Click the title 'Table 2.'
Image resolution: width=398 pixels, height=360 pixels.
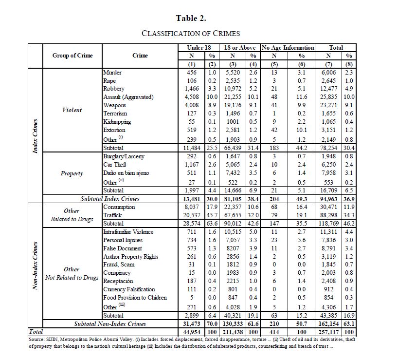coord(191,18)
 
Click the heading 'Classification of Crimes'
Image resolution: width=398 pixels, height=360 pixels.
coord(191,34)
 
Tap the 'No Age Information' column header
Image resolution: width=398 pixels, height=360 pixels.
coord(288,48)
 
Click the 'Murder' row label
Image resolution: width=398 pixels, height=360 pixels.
coord(112,73)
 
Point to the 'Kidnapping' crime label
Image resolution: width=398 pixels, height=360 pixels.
coord(117,122)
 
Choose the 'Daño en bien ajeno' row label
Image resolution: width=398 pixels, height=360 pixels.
coord(126,173)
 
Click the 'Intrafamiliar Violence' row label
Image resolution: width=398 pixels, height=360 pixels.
coord(128,232)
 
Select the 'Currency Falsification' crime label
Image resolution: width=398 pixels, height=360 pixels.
coord(129,289)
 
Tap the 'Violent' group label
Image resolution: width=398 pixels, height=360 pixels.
coord(72,110)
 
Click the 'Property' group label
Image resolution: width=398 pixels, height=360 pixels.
coord(72,173)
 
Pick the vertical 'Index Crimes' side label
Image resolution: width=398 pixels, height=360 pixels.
coord(36,135)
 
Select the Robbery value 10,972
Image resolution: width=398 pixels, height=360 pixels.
coord(235,89)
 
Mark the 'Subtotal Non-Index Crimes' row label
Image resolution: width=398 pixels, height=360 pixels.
coord(110,323)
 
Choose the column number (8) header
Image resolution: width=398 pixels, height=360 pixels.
coord(350,64)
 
